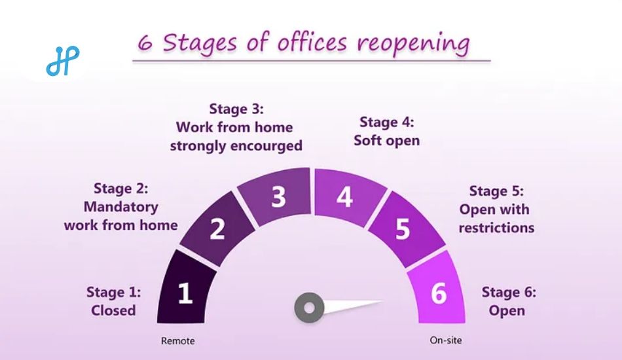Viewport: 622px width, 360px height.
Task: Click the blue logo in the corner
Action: click(63, 61)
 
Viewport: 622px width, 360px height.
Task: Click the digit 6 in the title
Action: click(145, 43)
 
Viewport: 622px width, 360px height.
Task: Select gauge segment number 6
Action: click(438, 290)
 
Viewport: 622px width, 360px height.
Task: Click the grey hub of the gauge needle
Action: click(310, 308)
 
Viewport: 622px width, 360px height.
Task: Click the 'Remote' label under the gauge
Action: click(177, 341)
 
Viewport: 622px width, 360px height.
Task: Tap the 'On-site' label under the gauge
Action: click(446, 340)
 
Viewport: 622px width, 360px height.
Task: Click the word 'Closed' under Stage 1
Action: click(113, 310)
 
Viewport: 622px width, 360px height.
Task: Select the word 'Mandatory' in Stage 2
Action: click(121, 207)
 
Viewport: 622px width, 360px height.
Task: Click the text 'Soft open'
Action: click(387, 140)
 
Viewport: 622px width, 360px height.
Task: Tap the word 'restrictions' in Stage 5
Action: click(496, 228)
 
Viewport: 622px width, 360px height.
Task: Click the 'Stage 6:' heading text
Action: click(509, 292)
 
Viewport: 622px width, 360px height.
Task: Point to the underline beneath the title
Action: click(312, 61)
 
